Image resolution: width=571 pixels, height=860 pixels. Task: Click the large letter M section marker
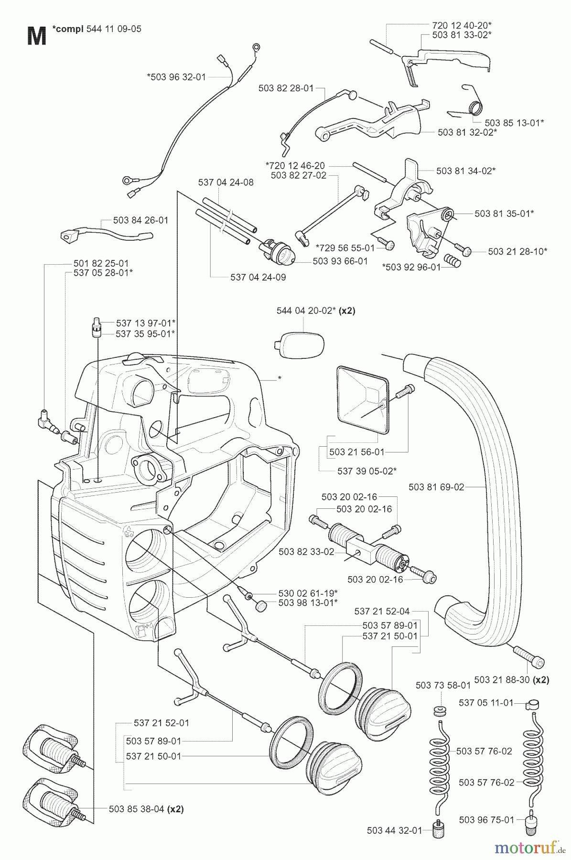[x=36, y=36]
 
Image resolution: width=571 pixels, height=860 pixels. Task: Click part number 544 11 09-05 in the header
[x=114, y=29]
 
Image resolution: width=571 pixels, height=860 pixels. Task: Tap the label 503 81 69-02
[x=436, y=487]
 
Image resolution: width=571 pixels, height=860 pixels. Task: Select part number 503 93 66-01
[x=340, y=261]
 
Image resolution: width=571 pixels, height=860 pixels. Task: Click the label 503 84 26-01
[x=141, y=220]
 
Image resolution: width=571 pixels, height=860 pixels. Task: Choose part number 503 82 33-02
[x=306, y=551]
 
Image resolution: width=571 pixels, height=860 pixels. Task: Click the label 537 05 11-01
[x=486, y=703]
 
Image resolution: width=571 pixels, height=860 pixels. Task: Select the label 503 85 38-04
[x=137, y=809]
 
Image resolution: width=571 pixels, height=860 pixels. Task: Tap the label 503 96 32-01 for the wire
[x=176, y=76]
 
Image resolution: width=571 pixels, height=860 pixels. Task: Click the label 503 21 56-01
[x=357, y=451]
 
